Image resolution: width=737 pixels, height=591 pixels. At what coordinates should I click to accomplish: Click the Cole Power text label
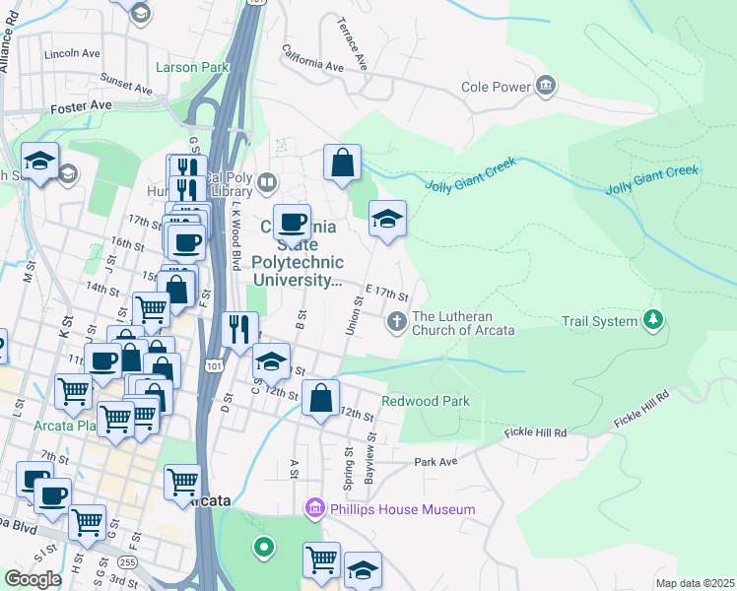pyautogui.click(x=496, y=87)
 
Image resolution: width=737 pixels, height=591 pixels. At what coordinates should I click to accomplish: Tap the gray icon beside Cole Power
pyautogui.click(x=546, y=87)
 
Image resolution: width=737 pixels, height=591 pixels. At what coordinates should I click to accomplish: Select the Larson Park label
pyautogui.click(x=192, y=68)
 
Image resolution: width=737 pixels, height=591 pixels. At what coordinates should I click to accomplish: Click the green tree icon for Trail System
pyautogui.click(x=652, y=319)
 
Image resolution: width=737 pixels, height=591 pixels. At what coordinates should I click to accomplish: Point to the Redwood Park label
pyautogui.click(x=426, y=401)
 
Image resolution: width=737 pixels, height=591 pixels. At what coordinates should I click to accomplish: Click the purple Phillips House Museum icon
pyautogui.click(x=315, y=509)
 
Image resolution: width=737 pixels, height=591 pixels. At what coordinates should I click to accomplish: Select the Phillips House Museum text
pyautogui.click(x=402, y=509)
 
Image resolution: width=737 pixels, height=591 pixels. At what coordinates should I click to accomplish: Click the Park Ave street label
pyautogui.click(x=435, y=461)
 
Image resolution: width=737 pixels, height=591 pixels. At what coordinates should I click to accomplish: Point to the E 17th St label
pyautogui.click(x=386, y=294)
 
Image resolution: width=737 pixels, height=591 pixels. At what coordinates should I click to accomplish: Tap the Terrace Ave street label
pyautogui.click(x=352, y=42)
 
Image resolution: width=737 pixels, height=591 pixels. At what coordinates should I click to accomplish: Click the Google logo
pyautogui.click(x=33, y=579)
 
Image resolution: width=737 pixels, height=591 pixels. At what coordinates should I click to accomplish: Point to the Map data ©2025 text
pyautogui.click(x=694, y=583)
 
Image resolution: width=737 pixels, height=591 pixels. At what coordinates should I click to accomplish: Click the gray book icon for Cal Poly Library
pyautogui.click(x=268, y=182)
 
